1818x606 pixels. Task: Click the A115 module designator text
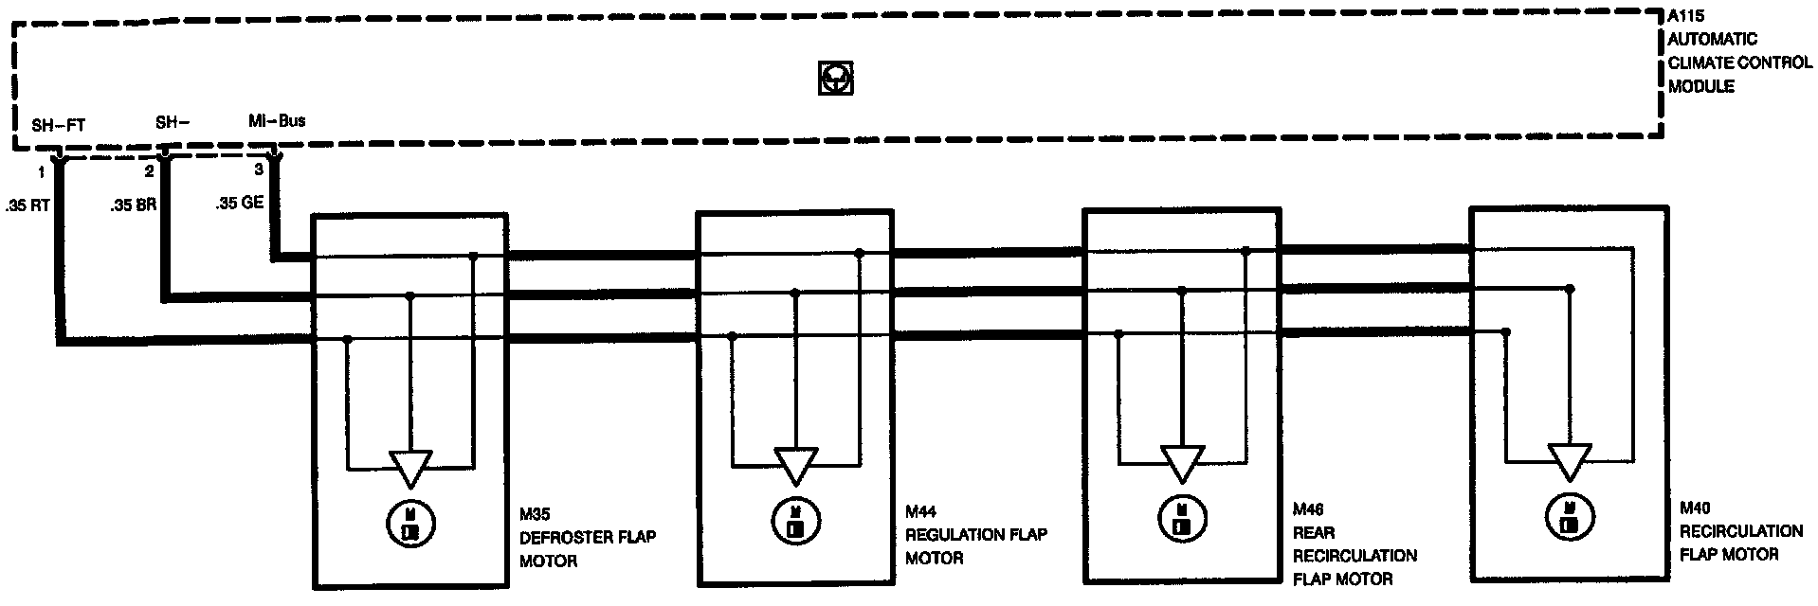(x=1688, y=16)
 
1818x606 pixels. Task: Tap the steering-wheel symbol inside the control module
(x=835, y=79)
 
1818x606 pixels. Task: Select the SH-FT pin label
(x=58, y=125)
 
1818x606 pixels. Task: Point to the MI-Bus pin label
(x=276, y=121)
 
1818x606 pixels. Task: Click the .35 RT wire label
(x=27, y=204)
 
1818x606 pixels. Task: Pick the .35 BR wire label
(x=133, y=204)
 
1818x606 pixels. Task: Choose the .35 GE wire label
(x=240, y=203)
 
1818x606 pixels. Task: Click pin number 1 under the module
(x=41, y=172)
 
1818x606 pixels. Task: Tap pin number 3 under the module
(x=259, y=170)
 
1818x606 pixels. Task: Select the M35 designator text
(x=536, y=514)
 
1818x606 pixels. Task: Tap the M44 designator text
(x=921, y=512)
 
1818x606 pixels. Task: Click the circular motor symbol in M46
(x=1181, y=519)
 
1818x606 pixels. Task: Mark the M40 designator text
(x=1696, y=508)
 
